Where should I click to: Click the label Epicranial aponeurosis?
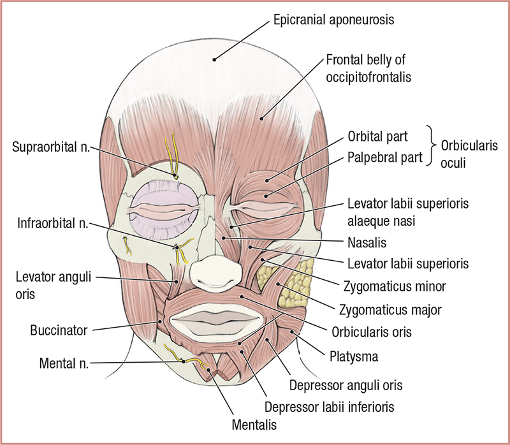coord(333,20)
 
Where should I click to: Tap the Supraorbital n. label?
coord(51,147)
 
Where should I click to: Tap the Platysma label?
coord(349,355)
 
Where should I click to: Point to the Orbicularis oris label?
coord(373,332)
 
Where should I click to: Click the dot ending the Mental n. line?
coord(184,360)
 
